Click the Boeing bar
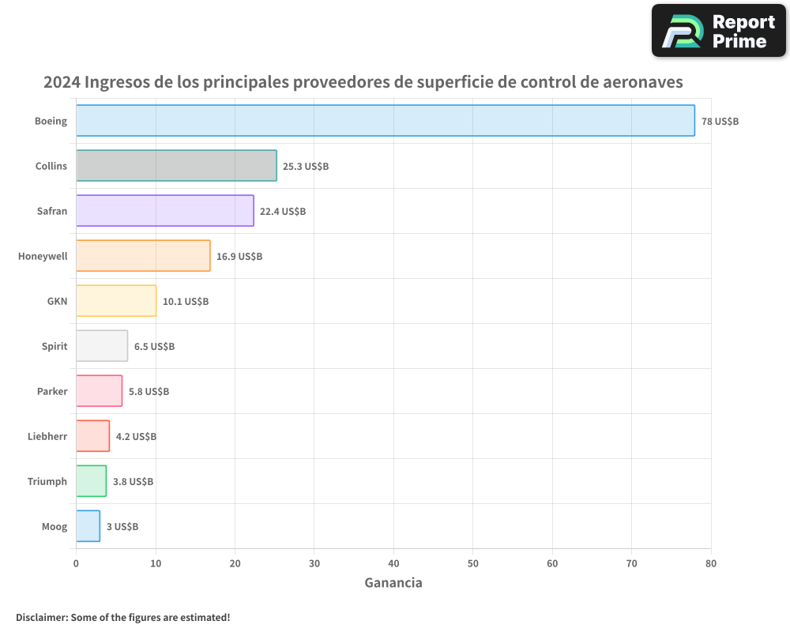tap(385, 121)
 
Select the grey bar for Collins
tap(176, 166)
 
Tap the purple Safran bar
tap(164, 211)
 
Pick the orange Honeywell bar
tap(143, 256)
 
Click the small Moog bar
tap(88, 526)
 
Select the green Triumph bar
tap(91, 481)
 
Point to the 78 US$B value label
tap(720, 122)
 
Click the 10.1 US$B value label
tap(186, 302)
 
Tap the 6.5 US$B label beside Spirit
tap(154, 347)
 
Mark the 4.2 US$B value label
tap(136, 437)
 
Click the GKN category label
tap(57, 301)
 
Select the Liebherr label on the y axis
tap(47, 436)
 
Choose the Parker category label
tap(52, 391)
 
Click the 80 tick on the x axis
tap(710, 563)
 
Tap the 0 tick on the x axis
tap(76, 563)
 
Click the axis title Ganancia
tap(393, 583)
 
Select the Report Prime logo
tap(718, 31)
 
